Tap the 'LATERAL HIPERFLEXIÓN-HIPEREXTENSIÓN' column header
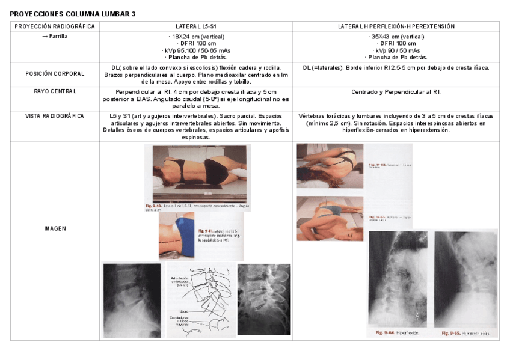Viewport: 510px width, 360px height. [x=396, y=26]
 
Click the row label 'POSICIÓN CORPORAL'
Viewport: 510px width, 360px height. [x=55, y=74]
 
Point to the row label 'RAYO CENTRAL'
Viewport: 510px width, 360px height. [x=55, y=91]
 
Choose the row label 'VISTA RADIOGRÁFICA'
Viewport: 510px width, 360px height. [x=55, y=115]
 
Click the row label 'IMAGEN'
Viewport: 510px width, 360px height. [x=55, y=229]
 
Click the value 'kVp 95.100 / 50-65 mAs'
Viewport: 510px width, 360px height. [x=197, y=50]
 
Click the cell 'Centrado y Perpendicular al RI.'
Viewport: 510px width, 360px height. [x=396, y=92]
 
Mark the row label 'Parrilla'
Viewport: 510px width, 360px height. [x=55, y=36]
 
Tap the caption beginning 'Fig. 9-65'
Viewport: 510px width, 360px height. [x=465, y=332]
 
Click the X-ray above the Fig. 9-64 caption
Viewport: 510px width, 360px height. [x=398, y=278]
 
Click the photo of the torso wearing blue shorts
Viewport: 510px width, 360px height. [x=176, y=236]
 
